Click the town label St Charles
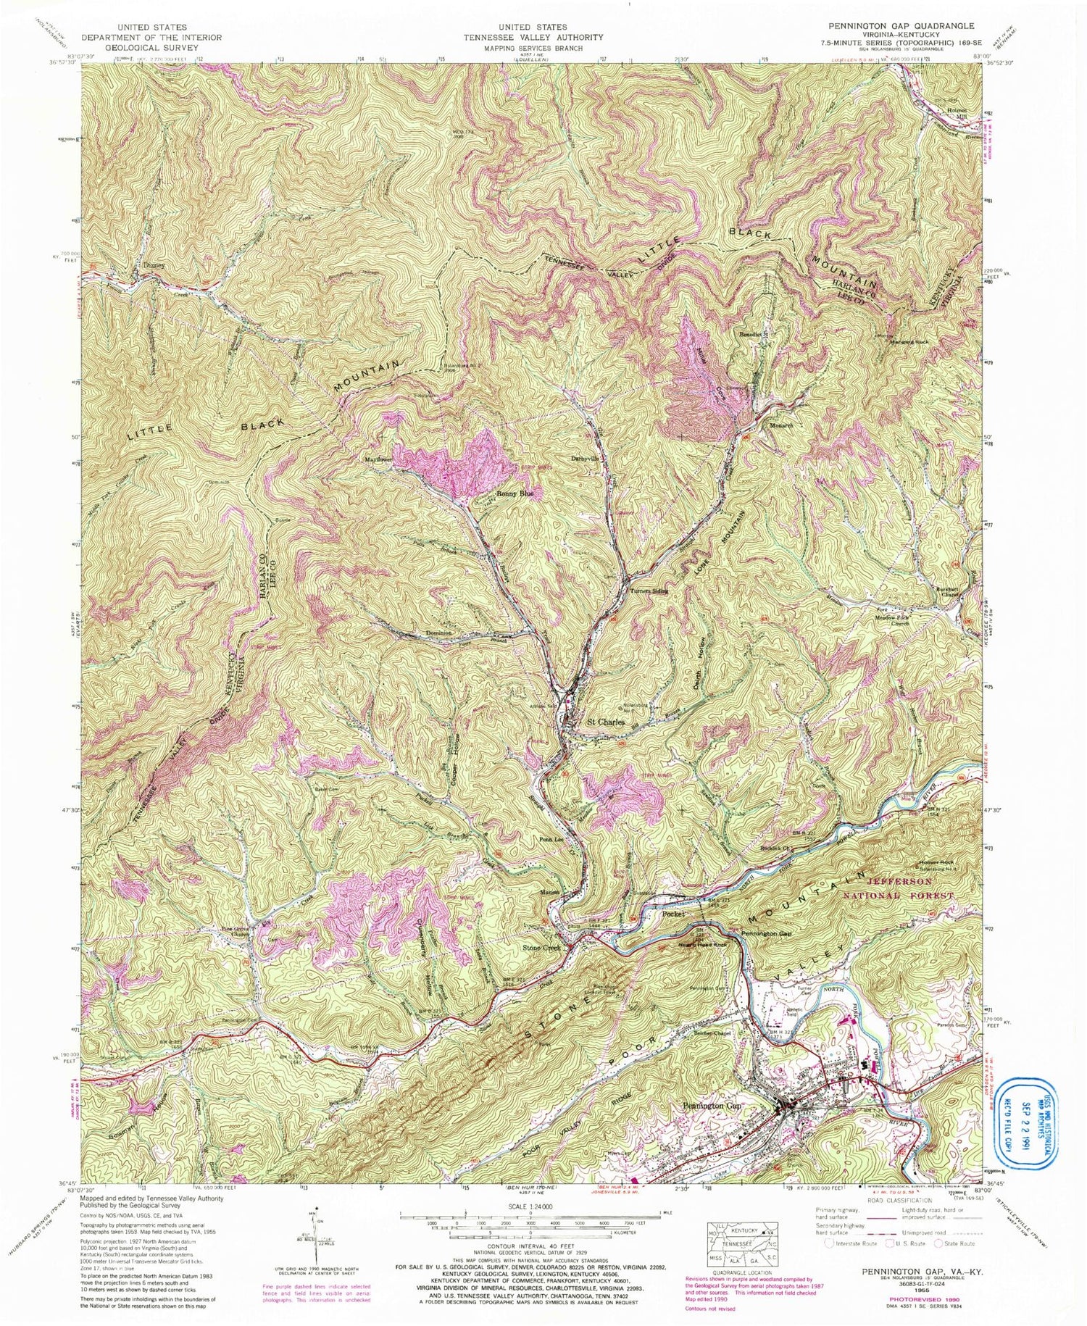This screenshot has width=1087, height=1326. click(x=605, y=722)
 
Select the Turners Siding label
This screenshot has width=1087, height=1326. click(x=649, y=591)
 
